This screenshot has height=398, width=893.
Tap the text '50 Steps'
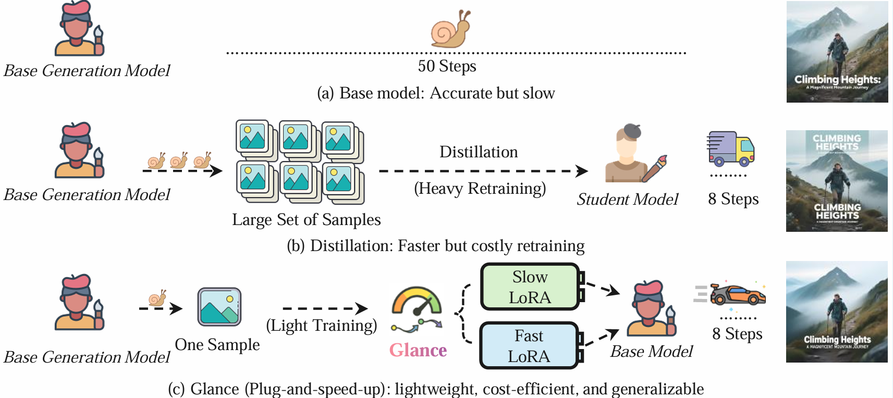(x=447, y=66)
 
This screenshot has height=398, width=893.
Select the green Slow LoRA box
(x=530, y=287)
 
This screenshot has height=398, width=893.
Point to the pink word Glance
(x=418, y=350)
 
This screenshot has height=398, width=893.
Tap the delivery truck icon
(x=731, y=148)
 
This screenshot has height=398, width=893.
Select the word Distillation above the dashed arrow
(x=479, y=152)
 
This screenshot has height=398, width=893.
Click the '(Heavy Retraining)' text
(x=480, y=189)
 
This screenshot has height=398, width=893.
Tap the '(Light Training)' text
(x=321, y=326)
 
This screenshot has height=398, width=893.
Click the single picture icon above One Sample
(x=219, y=306)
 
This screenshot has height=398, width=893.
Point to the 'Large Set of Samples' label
(x=307, y=220)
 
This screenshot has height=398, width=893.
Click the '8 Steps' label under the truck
(x=733, y=199)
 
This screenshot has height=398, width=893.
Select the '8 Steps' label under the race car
(x=737, y=334)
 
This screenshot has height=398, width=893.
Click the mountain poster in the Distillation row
(x=837, y=181)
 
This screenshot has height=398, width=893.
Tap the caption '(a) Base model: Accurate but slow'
(x=436, y=93)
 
